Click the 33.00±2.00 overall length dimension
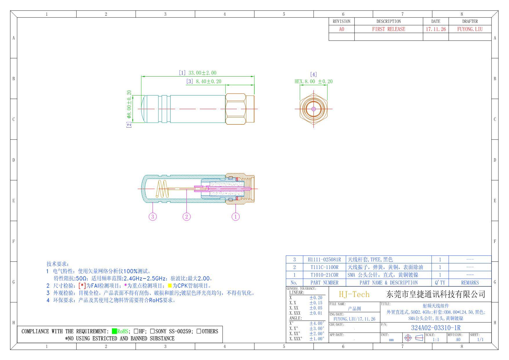point(202,73)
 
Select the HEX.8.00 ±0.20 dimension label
point(314,82)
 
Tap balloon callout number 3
point(153,216)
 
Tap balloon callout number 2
point(186,216)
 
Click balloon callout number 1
point(236,216)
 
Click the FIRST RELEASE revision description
point(388,29)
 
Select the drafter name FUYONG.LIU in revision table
point(470,29)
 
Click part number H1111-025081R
point(324,260)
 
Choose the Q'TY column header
point(440,283)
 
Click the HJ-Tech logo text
point(354,294)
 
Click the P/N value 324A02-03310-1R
point(436,328)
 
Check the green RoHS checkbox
point(114,331)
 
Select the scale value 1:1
point(435,340)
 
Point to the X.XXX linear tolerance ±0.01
point(316,313)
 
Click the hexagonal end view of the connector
point(314,109)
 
